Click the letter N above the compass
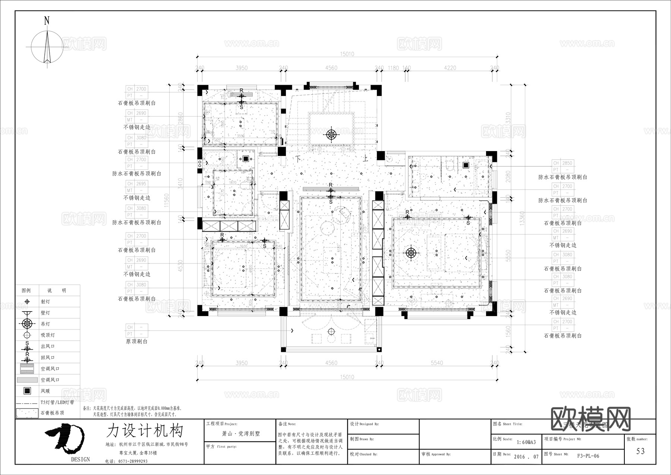click(x=47, y=21)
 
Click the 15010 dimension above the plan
click(x=347, y=54)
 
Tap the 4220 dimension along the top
click(x=450, y=68)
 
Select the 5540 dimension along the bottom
click(x=437, y=363)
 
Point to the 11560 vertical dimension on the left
click(x=167, y=200)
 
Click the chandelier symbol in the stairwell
click(x=331, y=134)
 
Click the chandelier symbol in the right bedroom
click(x=411, y=253)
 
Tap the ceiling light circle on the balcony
click(x=331, y=332)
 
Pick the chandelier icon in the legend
click(x=27, y=324)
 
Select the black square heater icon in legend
click(x=27, y=391)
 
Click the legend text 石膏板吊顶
click(x=52, y=413)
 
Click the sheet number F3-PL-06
click(x=588, y=456)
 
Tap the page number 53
click(x=640, y=451)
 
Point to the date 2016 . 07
click(x=526, y=457)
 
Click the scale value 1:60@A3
click(x=526, y=442)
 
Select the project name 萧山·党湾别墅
click(x=241, y=434)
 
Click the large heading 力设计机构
click(x=145, y=431)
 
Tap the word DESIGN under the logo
click(x=81, y=459)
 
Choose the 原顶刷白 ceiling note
click(x=137, y=341)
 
